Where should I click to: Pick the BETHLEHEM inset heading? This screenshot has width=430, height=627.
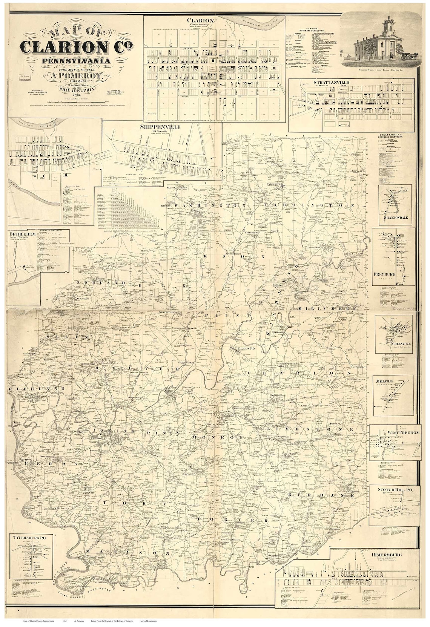[22, 234]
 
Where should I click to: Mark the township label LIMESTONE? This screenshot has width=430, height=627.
[305, 429]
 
